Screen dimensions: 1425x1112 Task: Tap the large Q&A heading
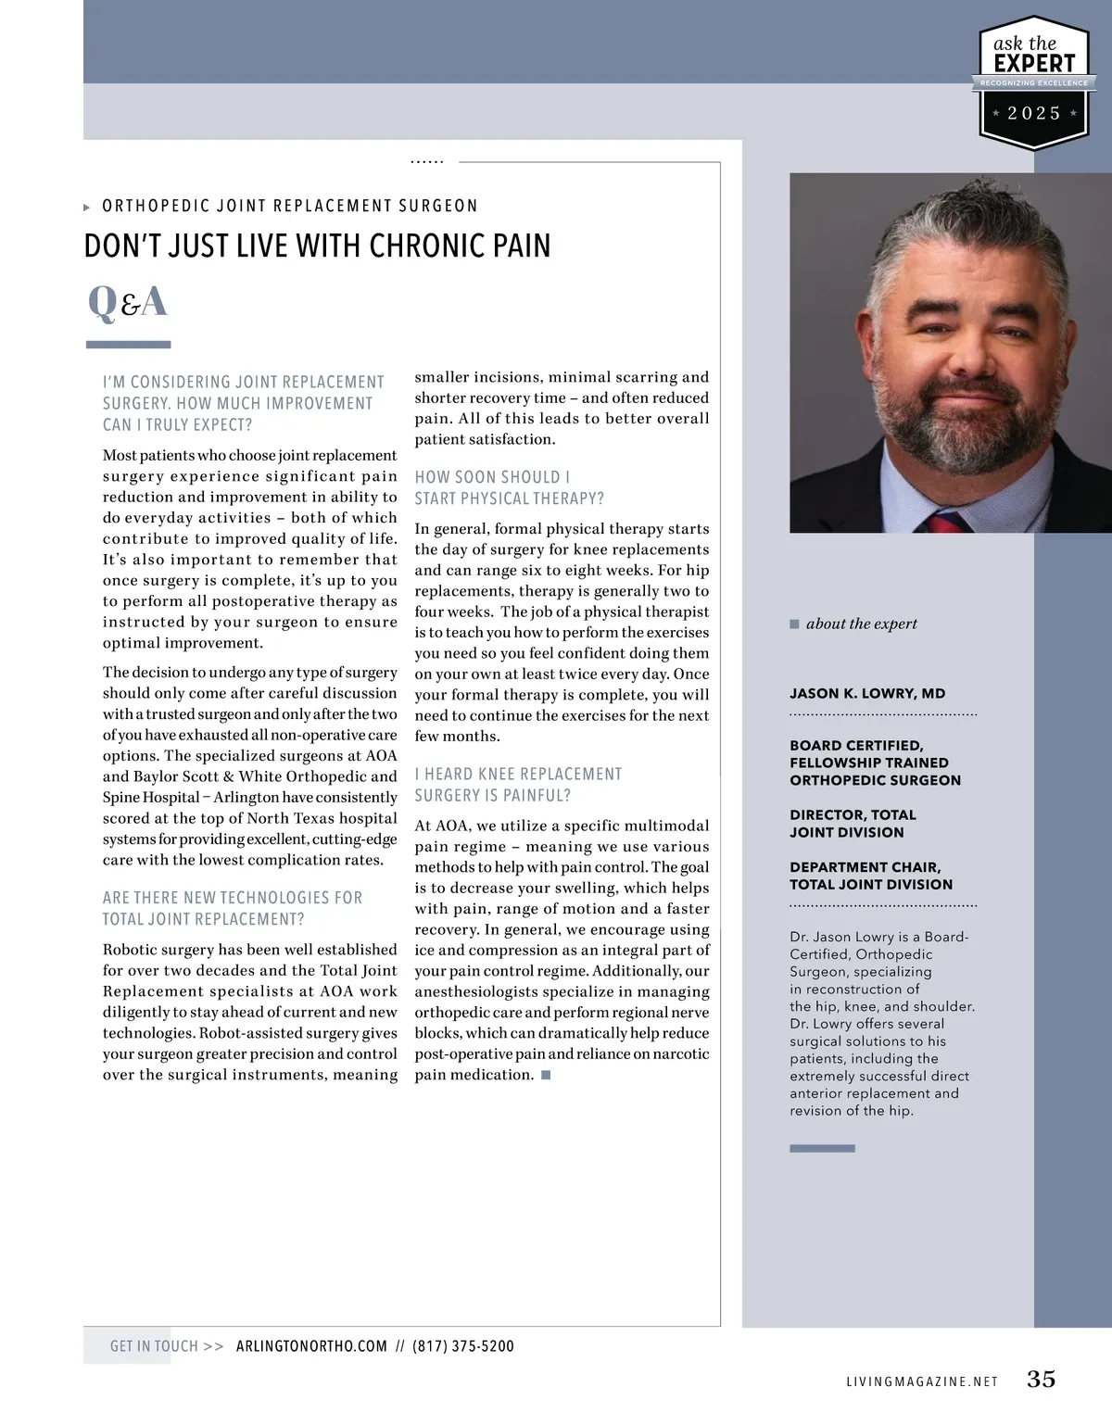click(x=128, y=302)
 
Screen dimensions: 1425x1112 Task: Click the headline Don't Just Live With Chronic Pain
click(x=317, y=246)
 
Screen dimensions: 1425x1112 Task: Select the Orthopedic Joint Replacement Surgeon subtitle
click(x=290, y=206)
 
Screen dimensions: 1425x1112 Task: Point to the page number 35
click(x=1041, y=1379)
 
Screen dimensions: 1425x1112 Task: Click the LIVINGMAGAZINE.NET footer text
click(x=922, y=1381)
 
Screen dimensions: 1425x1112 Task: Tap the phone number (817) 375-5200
click(x=463, y=1346)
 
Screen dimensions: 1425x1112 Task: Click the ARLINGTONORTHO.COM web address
click(x=311, y=1346)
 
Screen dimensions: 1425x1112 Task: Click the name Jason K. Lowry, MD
click(x=867, y=693)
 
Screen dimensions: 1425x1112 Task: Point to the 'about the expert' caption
click(x=861, y=624)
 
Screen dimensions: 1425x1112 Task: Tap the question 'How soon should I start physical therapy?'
click(x=509, y=487)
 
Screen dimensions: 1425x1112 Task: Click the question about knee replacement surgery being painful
click(x=518, y=785)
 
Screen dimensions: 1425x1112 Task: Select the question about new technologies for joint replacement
click(x=233, y=908)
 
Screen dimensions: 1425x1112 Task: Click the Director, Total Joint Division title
click(x=853, y=824)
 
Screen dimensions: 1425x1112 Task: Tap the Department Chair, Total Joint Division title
click(x=871, y=876)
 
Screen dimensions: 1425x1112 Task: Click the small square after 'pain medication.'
click(x=546, y=1075)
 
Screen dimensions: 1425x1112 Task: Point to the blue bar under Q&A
click(x=128, y=345)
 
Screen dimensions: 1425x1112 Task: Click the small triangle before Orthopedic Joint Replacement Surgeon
click(x=87, y=208)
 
